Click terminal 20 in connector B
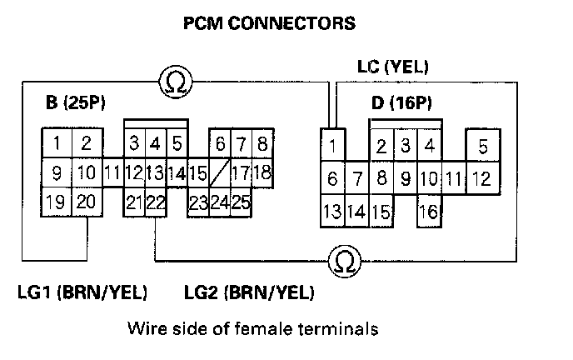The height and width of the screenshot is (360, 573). (87, 202)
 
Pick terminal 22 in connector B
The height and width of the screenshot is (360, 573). (156, 202)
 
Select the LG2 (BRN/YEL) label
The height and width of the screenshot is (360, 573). (248, 292)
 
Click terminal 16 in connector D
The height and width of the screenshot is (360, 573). (428, 212)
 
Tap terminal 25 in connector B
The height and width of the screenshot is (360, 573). (242, 202)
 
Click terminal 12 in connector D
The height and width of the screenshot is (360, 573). (481, 178)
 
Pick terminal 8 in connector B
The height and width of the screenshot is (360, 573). (262, 143)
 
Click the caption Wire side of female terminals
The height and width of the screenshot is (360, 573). (252, 329)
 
